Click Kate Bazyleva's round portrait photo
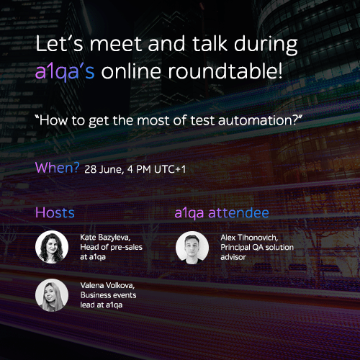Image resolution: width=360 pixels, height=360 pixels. click(52, 247)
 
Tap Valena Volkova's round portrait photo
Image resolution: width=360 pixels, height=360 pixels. click(52, 295)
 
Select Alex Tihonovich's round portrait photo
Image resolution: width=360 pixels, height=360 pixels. click(192, 248)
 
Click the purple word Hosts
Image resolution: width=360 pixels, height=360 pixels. click(55, 212)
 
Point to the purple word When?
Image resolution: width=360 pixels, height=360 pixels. click(57, 168)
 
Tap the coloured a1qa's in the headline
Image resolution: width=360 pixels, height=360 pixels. click(65, 72)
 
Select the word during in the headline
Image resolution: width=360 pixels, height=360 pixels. click(266, 45)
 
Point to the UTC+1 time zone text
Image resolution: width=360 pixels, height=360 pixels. click(170, 169)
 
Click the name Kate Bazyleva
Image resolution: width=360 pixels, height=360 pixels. click(105, 238)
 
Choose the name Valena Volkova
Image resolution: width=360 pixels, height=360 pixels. click(107, 285)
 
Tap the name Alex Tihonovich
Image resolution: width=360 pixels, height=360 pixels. click(249, 238)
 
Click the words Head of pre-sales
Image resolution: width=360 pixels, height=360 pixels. click(111, 247)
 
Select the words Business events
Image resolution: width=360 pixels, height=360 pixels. click(108, 295)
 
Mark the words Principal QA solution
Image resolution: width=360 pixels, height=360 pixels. click(257, 248)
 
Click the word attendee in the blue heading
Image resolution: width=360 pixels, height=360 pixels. click(238, 213)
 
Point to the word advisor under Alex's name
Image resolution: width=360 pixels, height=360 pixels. click(233, 257)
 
